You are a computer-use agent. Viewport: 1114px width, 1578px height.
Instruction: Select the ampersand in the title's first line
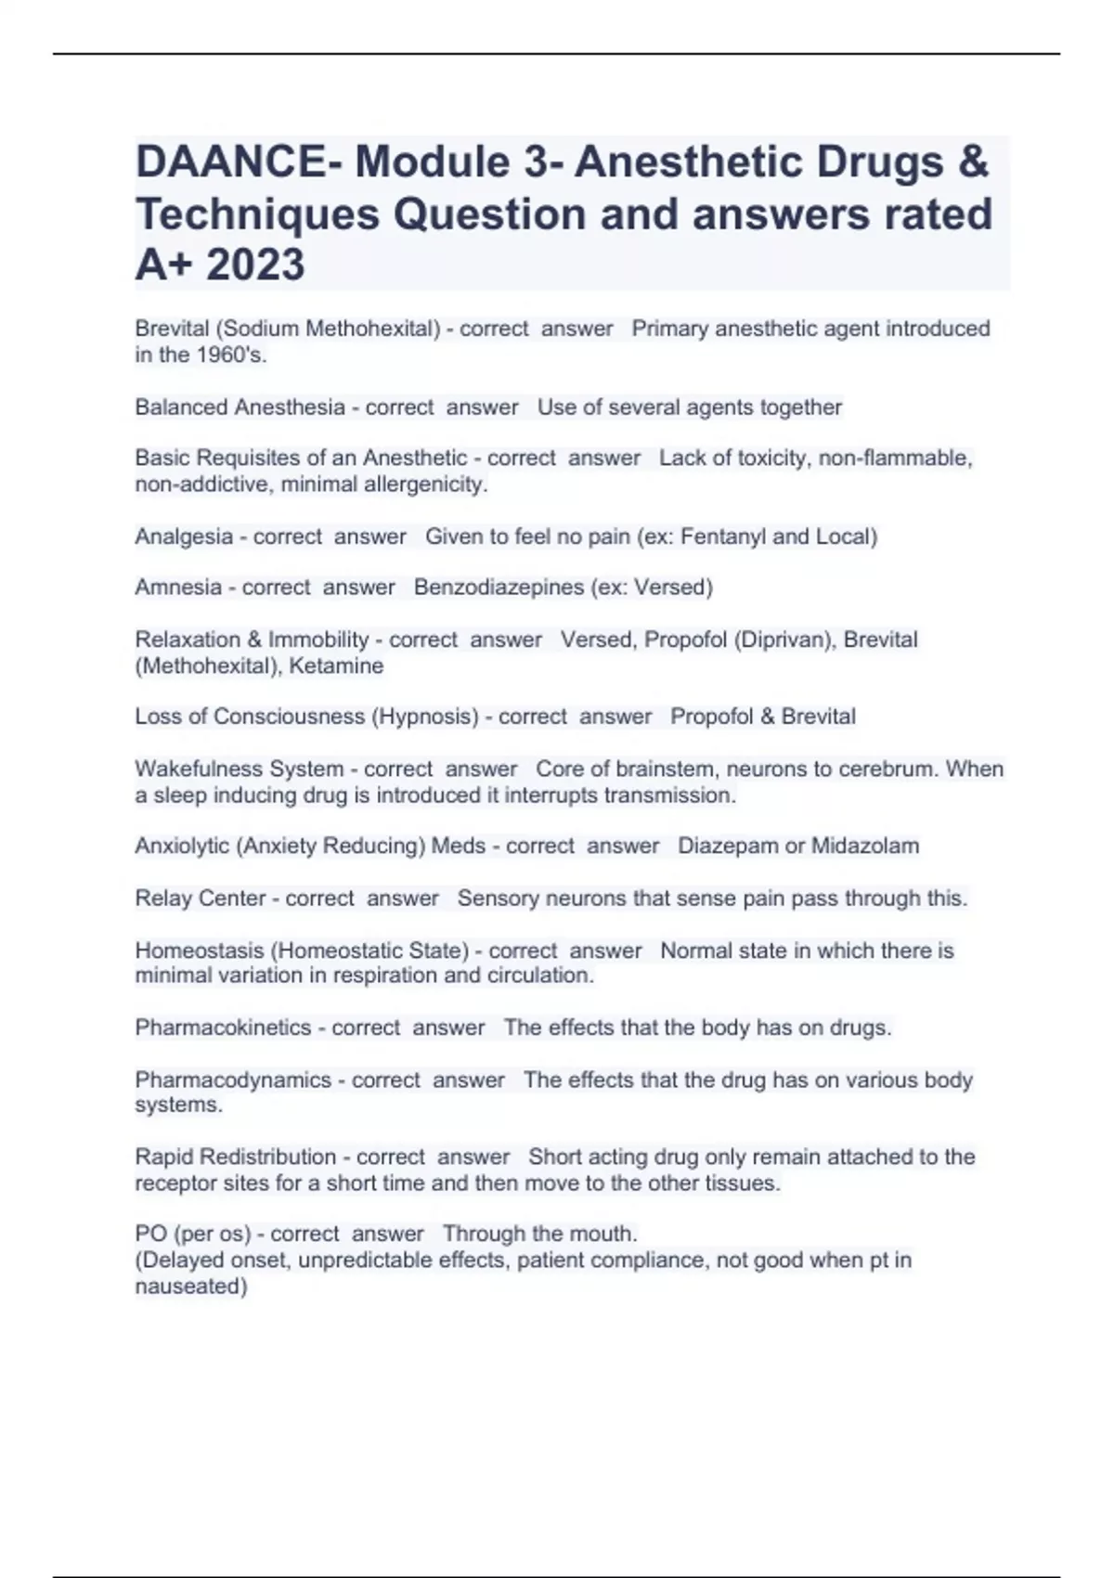point(972,162)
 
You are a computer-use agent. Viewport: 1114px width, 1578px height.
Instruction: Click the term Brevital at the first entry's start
point(172,329)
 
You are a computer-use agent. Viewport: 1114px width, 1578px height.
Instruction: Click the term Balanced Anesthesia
point(240,407)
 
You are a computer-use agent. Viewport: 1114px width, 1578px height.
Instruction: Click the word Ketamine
point(336,666)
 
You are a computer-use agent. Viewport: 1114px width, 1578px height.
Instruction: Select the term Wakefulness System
point(239,770)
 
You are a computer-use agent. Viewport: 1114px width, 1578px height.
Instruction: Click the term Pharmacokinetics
point(223,1028)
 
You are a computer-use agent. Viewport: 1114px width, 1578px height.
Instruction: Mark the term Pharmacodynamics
point(233,1080)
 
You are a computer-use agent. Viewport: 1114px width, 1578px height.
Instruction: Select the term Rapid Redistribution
point(236,1157)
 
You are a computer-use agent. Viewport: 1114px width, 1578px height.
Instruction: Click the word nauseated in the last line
point(190,1287)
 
